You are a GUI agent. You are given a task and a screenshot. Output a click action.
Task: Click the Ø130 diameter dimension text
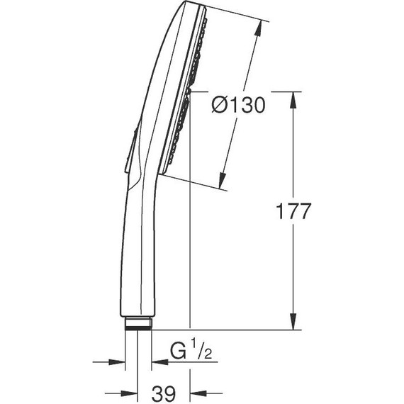pyautogui.click(x=238, y=105)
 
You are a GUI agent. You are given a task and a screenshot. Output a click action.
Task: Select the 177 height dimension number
pyautogui.click(x=293, y=211)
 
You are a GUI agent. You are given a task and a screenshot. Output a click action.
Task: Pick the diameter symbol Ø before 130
pyautogui.click(x=220, y=105)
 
